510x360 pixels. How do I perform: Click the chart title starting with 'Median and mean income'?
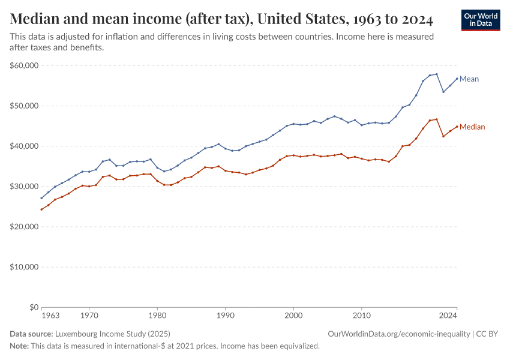221,19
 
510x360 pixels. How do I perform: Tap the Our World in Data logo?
480,19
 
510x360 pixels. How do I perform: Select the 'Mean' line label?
469,79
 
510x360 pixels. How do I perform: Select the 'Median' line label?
472,127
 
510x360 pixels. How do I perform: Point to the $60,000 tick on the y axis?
25,65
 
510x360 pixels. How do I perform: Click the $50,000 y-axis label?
25,106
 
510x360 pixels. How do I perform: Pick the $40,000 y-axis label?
25,146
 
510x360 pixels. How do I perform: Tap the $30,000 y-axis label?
25,186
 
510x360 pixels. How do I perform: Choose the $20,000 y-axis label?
25,227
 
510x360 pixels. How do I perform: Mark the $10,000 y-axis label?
25,267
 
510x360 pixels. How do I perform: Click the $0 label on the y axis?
34,307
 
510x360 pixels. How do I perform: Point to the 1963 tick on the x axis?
50,314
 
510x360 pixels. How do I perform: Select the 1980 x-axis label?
157,314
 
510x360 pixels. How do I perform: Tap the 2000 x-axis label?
293,314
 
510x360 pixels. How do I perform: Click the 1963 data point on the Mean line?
41,198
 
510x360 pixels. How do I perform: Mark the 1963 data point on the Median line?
41,209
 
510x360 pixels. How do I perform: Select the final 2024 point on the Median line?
457,127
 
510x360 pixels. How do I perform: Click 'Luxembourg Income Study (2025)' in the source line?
113,334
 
